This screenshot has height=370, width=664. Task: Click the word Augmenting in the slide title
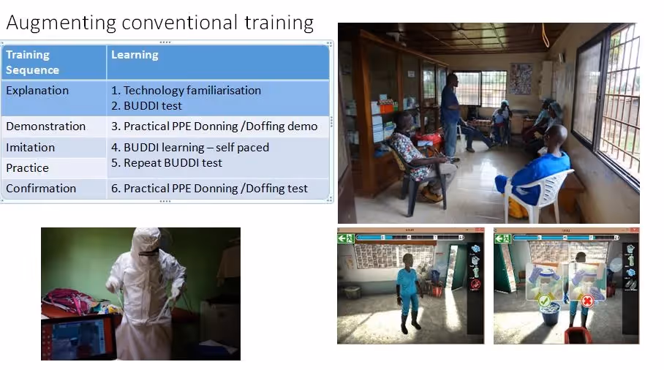pos(61,23)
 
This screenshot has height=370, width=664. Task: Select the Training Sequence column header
pos(33,62)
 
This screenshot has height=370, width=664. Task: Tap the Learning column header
pos(135,55)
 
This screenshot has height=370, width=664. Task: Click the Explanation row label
pos(37,90)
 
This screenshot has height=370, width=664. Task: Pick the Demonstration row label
pos(46,127)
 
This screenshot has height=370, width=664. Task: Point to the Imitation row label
pos(31,147)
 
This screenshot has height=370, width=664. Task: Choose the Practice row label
pos(28,168)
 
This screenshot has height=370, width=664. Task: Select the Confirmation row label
pos(41,189)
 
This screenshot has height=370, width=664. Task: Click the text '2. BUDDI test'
pos(146,106)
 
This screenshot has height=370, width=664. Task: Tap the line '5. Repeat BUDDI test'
pos(167,163)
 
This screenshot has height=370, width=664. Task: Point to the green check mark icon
pos(544,301)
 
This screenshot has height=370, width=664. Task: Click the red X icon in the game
pos(587,301)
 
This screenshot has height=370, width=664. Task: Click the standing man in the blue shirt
pos(450,115)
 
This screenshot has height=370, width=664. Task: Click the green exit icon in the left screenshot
pos(346,238)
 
